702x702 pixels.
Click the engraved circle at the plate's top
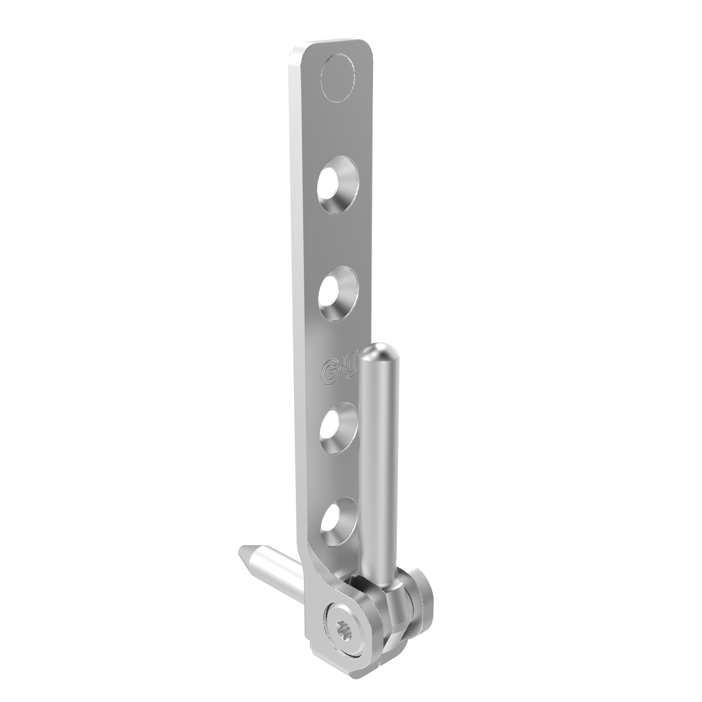pos(338,78)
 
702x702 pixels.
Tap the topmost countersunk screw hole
pos(338,185)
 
